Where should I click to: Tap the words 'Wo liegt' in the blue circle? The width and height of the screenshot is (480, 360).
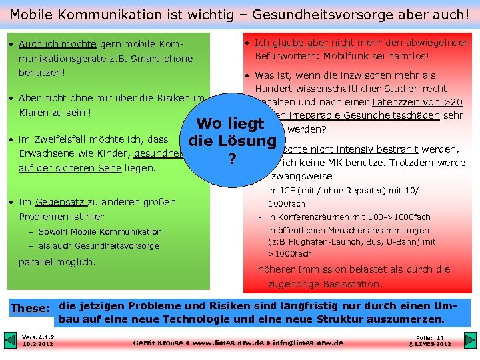[231, 123]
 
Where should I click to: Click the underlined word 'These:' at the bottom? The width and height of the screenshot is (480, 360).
[31, 308]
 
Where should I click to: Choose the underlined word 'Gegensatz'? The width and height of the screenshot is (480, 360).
[59, 202]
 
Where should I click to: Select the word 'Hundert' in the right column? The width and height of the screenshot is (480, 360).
[273, 89]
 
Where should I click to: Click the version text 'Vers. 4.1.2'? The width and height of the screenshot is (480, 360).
[38, 337]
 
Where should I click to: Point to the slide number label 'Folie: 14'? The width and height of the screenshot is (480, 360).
[429, 338]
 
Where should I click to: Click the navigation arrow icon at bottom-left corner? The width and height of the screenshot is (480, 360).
[9, 341]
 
